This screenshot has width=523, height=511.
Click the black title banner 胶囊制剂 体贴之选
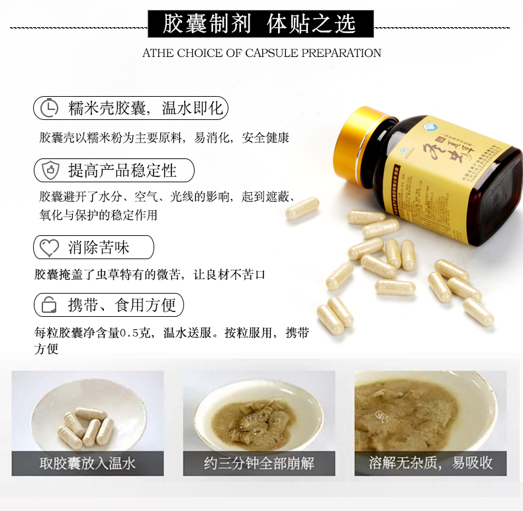260,24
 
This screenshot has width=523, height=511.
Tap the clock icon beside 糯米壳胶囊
50,108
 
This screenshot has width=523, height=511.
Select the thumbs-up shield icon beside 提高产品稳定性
50,170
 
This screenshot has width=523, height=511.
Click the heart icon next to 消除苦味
50,248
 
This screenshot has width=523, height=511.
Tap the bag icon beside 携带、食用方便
50,305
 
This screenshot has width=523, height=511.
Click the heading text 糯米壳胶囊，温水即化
146,108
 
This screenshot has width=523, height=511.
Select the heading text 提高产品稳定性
122,170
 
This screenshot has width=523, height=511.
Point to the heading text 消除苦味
99,248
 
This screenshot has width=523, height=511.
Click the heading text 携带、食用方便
122,305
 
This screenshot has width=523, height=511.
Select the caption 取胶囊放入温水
87,463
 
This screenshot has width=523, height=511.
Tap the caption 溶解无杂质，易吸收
430,463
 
